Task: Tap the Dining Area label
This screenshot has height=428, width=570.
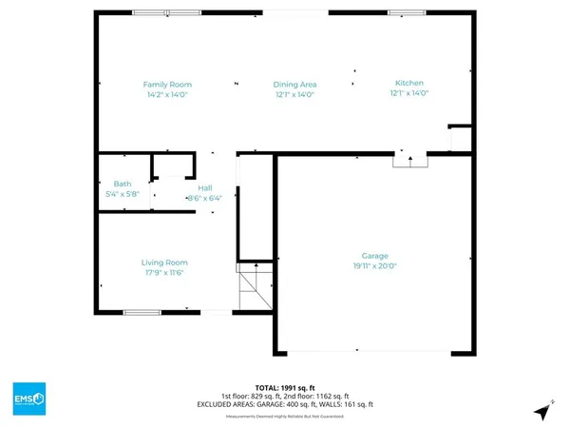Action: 294,84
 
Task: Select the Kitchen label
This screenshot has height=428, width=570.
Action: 409,83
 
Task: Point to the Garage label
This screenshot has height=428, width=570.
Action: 375,256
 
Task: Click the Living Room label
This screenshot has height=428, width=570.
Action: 164,263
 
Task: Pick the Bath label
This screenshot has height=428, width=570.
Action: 123,184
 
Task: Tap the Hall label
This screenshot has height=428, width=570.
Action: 204,188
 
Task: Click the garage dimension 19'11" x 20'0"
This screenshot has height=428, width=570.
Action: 375,267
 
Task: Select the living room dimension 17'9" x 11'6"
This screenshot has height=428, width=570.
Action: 164,274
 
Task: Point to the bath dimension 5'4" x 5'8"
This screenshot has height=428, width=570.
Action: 123,194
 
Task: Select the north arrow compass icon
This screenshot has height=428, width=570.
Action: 541,412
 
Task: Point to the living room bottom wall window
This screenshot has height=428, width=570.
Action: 142,312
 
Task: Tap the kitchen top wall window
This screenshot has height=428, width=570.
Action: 406,12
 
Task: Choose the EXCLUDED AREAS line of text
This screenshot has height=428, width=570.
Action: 285,405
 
